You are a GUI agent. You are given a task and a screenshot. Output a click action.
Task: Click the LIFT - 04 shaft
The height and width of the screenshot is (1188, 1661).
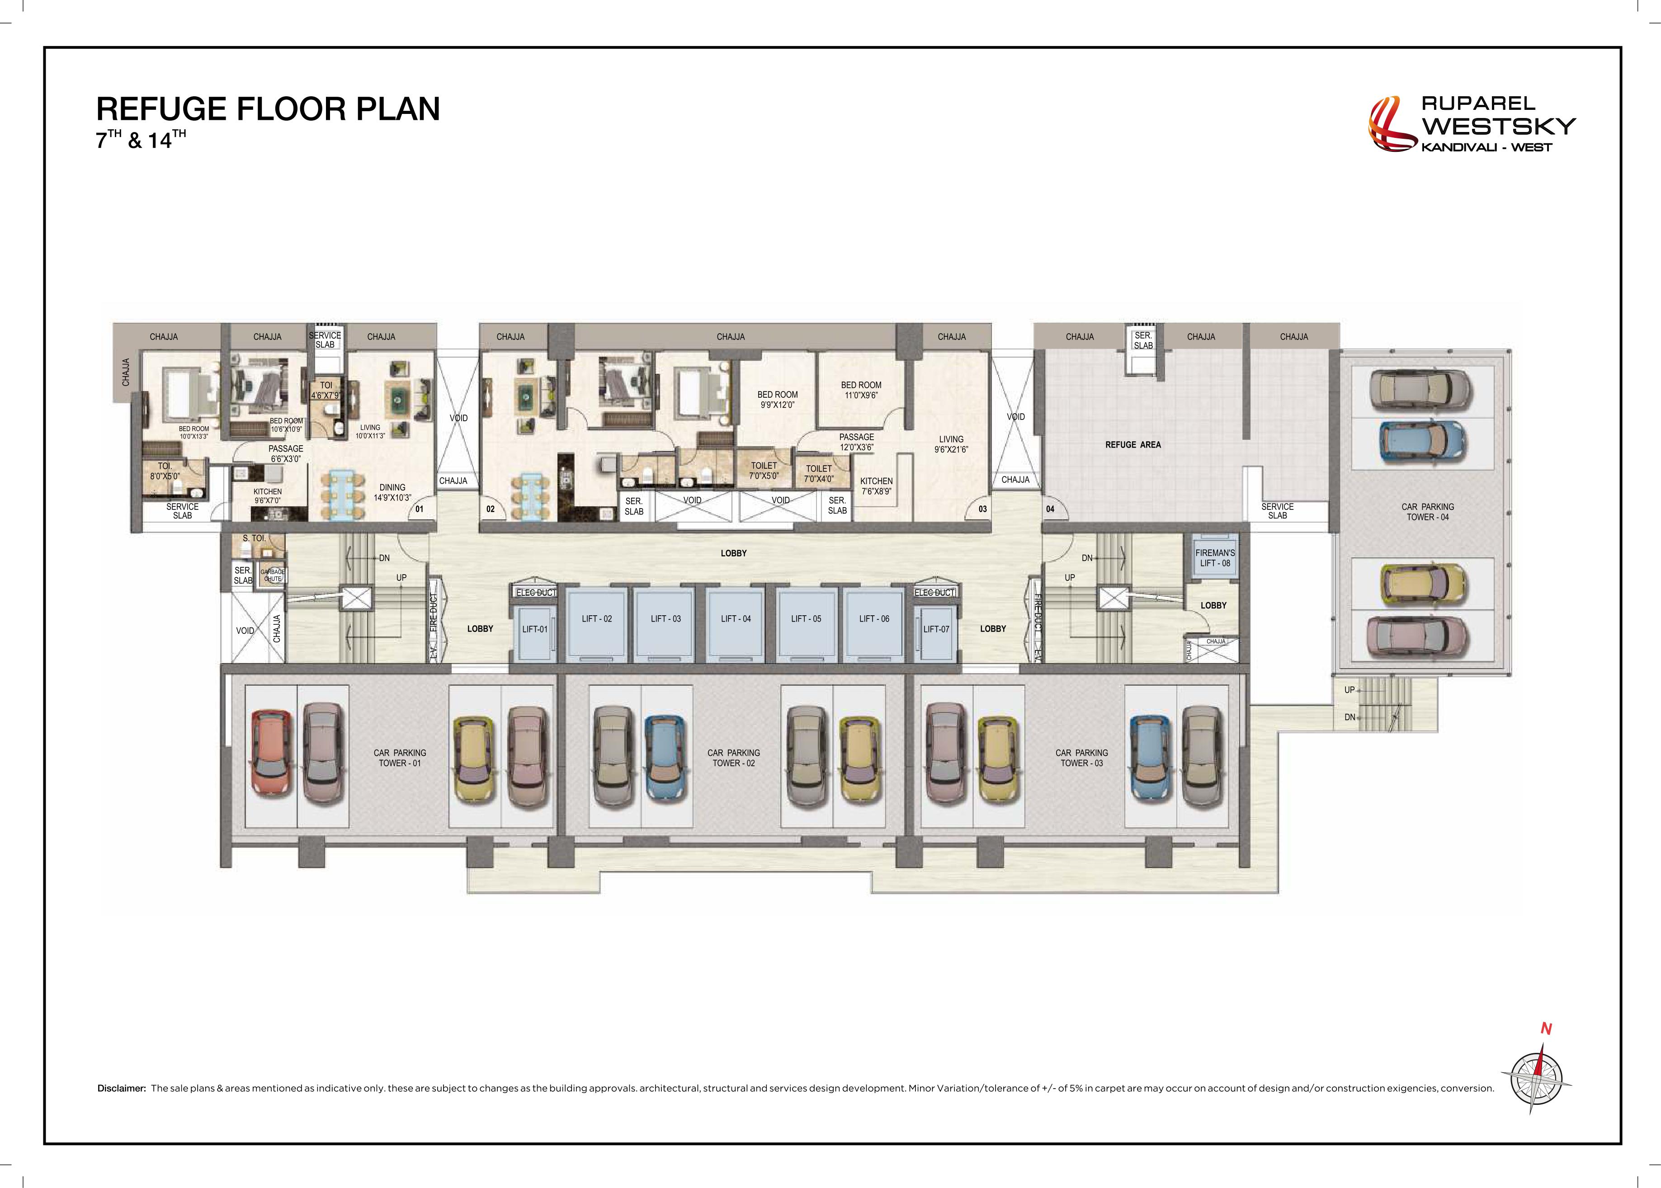coord(735,622)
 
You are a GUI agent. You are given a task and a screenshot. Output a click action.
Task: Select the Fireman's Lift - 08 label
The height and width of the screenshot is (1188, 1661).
coord(1215,558)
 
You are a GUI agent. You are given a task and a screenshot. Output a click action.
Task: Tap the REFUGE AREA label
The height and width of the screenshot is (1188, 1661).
coord(1133,445)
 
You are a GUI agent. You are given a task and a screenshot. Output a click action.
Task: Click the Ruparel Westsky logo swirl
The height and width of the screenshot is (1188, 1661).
coord(1392,125)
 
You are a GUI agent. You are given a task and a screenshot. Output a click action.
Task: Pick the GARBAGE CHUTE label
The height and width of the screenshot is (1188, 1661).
coord(273,575)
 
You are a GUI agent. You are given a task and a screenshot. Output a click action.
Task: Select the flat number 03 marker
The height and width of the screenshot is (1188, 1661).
coord(982,509)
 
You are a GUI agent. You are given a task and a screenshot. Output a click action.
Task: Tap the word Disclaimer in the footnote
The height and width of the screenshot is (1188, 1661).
coord(122,1088)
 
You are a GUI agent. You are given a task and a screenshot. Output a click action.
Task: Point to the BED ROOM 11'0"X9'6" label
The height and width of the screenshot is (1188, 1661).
coord(861,390)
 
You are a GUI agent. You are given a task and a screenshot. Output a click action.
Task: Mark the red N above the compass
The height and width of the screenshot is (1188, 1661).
coord(1546,1028)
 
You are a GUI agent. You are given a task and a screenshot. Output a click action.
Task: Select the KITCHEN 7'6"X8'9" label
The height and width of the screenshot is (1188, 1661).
coord(876,486)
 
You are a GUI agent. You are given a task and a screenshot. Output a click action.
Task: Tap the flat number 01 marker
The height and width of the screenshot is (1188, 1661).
coord(419,509)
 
